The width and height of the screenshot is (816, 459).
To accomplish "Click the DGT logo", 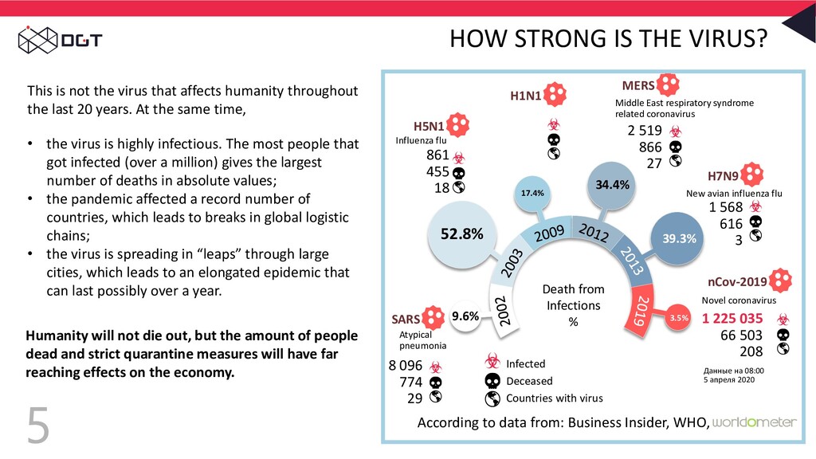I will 60,38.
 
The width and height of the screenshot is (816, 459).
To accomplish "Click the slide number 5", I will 37,426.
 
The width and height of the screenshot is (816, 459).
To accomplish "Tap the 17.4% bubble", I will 532,193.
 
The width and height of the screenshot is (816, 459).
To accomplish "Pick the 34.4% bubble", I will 612,185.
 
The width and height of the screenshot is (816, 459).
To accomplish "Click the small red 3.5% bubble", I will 678,317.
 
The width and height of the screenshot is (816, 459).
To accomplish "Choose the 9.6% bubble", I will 465,316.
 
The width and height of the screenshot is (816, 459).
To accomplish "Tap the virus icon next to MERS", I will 670,84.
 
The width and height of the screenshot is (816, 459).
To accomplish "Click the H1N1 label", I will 525,96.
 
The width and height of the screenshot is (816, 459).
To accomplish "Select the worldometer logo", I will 753,422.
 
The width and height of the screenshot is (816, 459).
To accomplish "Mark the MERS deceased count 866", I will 650,147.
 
